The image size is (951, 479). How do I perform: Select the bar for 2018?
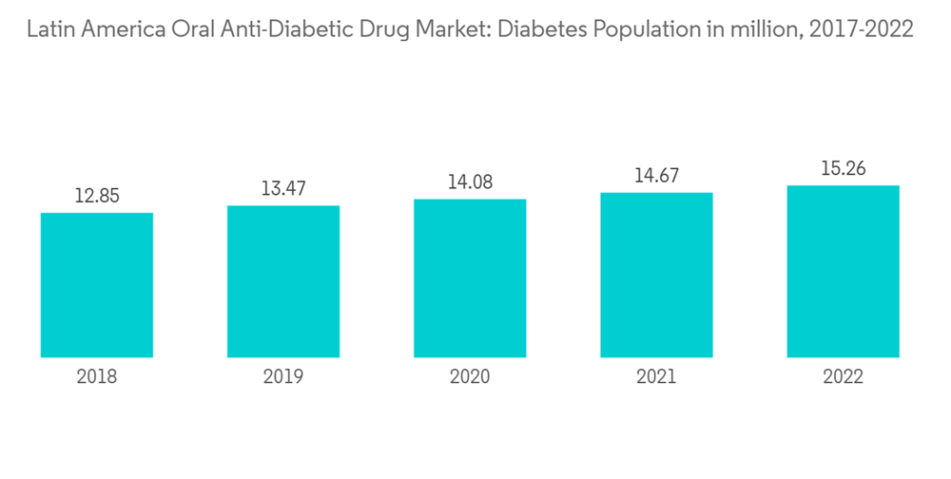[x=97, y=285]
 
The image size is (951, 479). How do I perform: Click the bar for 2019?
[x=283, y=281]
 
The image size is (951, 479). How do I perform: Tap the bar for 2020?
[x=470, y=278]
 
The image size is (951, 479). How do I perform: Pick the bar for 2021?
[x=656, y=275]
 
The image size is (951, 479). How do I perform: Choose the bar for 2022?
[x=843, y=271]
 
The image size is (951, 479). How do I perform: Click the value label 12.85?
[x=97, y=196]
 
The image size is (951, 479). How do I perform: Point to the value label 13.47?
[x=283, y=189]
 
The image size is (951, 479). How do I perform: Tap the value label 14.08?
[x=470, y=182]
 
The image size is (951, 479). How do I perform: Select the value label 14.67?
[x=656, y=176]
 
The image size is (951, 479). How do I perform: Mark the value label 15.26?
[x=843, y=169]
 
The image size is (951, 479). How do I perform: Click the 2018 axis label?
[x=97, y=377]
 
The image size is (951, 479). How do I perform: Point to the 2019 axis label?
[x=283, y=377]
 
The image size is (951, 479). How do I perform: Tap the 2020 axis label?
[x=470, y=377]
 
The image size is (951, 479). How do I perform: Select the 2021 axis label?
[x=656, y=377]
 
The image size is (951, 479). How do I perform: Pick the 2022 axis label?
[x=843, y=377]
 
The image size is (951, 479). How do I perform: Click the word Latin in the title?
[x=50, y=29]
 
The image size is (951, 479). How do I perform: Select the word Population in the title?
[x=636, y=30]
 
